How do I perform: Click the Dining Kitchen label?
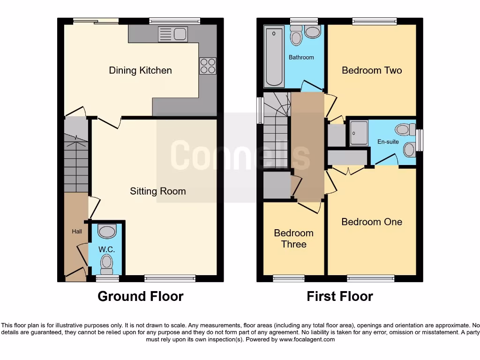(140, 70)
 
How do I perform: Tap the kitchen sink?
(173, 34)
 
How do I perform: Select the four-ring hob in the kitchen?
(208, 66)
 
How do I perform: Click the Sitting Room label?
(158, 191)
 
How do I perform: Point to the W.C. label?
(106, 249)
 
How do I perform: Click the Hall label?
(76, 232)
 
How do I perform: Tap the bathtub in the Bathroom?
(274, 57)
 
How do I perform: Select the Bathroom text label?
(301, 58)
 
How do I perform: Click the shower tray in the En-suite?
(359, 133)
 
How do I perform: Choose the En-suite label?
(388, 141)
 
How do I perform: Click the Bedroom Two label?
(372, 70)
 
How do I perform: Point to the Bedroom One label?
(371, 222)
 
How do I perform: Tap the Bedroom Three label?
(293, 239)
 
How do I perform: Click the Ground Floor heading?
(140, 296)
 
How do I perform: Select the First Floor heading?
(340, 296)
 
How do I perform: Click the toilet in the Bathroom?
(296, 37)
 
